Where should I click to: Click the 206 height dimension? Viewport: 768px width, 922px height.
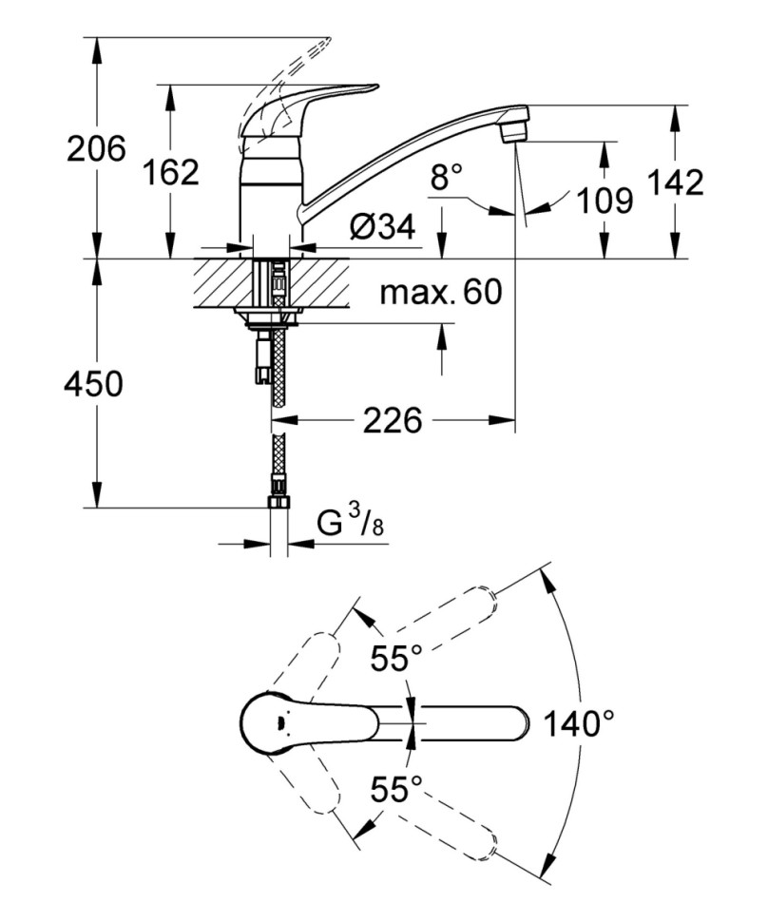[x=96, y=149]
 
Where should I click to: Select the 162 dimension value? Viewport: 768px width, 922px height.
[x=170, y=172]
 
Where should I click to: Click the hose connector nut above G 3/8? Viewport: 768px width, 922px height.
[x=278, y=501]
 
